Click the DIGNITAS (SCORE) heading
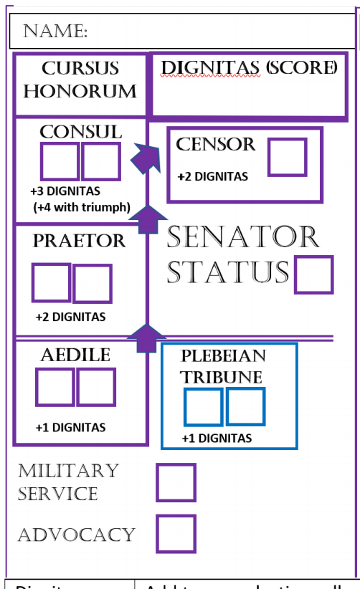(248, 68)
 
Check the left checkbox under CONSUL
(60, 162)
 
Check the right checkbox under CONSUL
(101, 162)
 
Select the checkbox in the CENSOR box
(287, 157)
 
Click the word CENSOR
(215, 144)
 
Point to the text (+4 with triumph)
(81, 208)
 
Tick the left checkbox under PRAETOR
(52, 283)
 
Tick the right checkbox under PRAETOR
(93, 284)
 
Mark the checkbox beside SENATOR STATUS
(313, 274)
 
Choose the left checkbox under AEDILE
(55, 387)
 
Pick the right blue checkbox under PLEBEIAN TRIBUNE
(246, 406)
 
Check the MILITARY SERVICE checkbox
(176, 482)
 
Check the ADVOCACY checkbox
(176, 534)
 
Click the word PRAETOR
(79, 241)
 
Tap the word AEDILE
(75, 355)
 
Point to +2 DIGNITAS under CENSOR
(212, 177)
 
